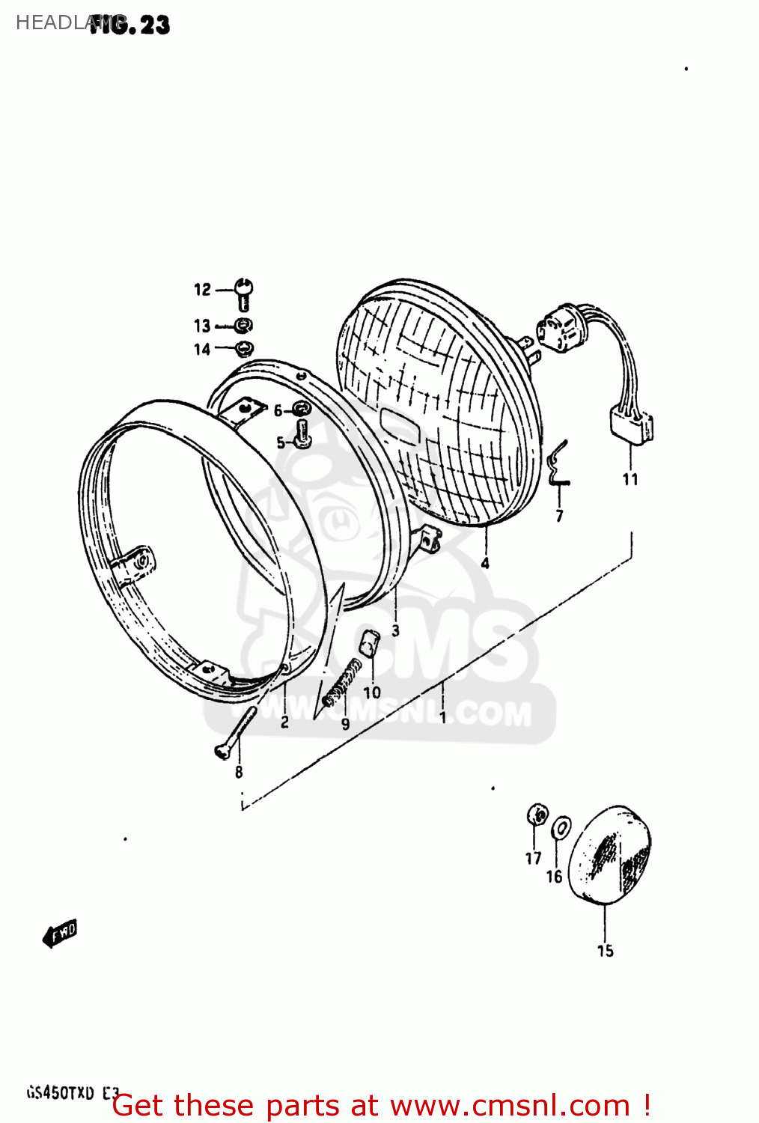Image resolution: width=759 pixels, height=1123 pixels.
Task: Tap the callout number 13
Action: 202,326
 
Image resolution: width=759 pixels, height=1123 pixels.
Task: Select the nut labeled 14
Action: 244,349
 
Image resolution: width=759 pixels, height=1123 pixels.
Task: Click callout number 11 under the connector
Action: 630,479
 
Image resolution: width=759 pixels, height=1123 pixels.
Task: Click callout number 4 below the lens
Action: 485,563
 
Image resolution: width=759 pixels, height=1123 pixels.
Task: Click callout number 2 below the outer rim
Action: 284,722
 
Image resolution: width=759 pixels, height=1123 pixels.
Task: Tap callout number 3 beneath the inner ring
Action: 395,630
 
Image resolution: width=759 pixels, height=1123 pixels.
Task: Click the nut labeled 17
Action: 536,814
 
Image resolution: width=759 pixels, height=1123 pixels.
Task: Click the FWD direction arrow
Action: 61,934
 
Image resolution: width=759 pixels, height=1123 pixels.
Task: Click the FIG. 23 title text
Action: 130,25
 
